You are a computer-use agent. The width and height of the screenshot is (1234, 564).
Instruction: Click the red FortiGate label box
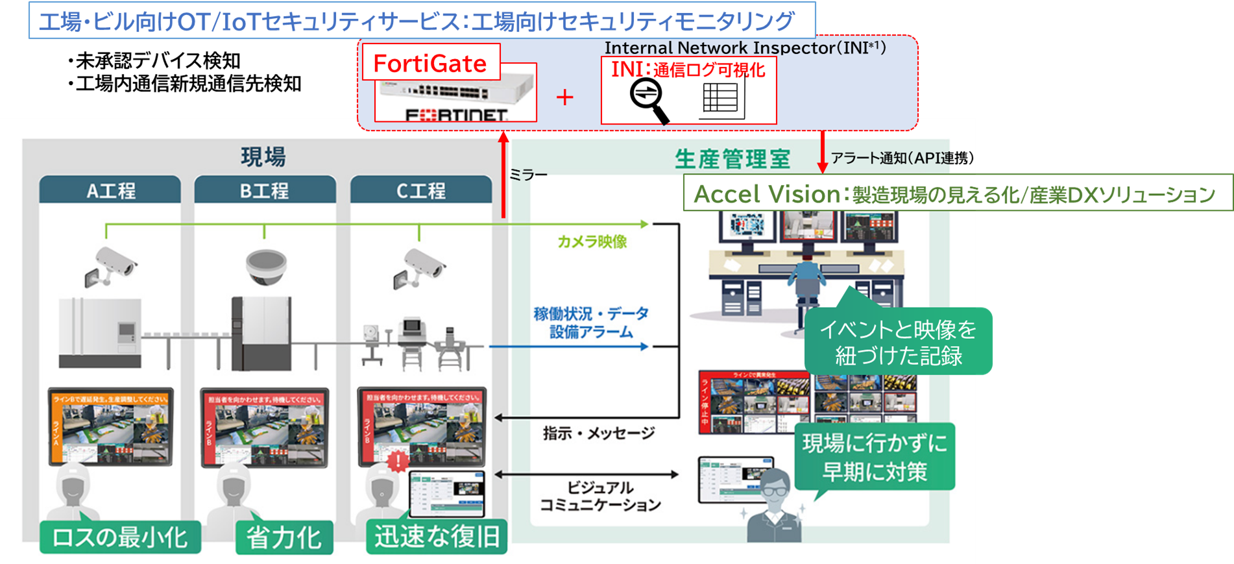430,62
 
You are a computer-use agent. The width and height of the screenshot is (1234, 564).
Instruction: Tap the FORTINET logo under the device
456,115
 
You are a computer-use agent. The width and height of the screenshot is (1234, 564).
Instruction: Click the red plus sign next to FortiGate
565,97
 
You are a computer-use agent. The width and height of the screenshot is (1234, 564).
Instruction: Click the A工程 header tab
110,190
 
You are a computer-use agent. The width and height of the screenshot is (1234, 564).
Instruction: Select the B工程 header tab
265,190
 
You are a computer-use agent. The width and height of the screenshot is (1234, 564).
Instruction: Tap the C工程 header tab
420,190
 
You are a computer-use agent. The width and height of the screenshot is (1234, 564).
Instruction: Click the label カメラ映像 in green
592,241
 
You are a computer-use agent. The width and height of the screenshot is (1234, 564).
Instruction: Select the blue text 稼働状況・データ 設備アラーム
590,323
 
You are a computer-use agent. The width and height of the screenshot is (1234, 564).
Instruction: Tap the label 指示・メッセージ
598,433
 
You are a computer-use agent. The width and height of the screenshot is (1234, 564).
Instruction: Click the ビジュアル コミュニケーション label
599,496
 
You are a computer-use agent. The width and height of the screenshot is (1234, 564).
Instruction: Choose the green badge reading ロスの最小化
120,537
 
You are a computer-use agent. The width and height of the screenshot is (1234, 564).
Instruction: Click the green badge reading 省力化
284,537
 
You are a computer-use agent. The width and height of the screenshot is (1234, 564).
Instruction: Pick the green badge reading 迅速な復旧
437,537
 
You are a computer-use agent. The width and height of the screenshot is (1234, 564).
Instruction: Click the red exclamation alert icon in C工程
396,461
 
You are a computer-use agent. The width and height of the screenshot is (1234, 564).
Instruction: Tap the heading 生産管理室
732,159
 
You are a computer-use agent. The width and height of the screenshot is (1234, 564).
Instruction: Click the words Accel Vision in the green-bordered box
767,193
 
